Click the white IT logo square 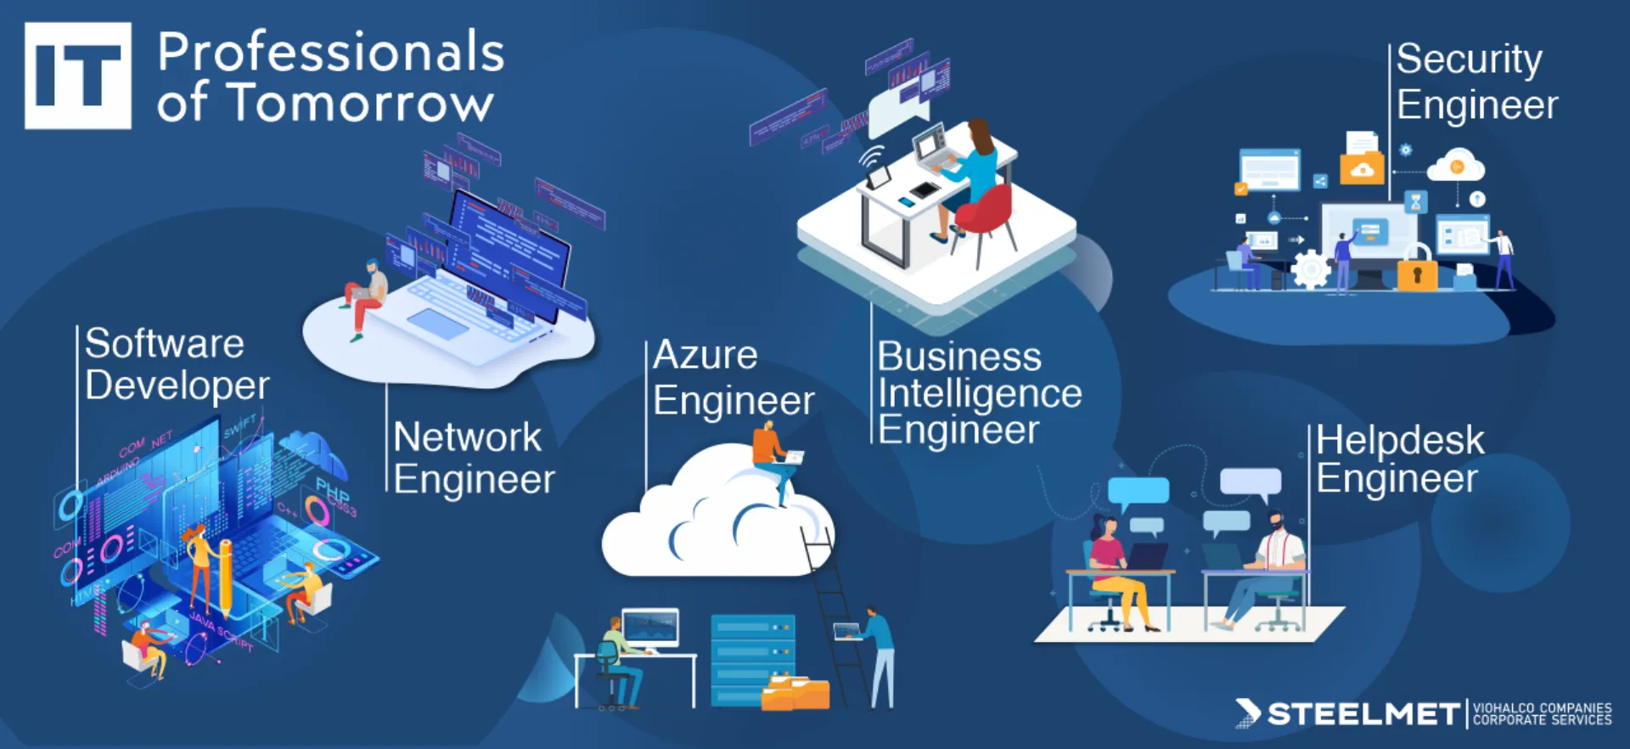click(78, 76)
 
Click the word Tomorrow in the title click(362, 104)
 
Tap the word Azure click(705, 355)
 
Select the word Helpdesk click(1400, 441)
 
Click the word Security click(1469, 60)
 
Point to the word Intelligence click(980, 393)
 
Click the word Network click(467, 438)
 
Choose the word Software click(165, 344)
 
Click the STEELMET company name click(1363, 714)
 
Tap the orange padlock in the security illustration click(1417, 273)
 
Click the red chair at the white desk click(985, 212)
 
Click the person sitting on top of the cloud click(773, 459)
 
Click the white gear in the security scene click(1311, 270)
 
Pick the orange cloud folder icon click(1362, 169)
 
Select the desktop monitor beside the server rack click(650, 628)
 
